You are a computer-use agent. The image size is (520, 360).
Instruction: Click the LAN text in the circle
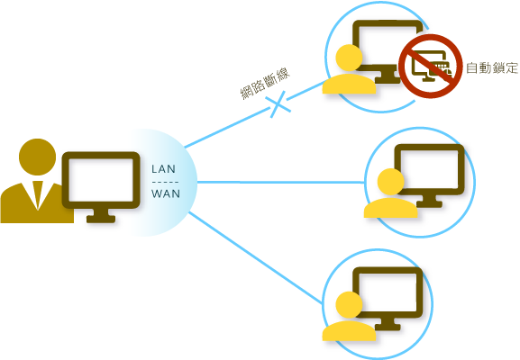point(164,168)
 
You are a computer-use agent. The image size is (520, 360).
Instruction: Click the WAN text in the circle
point(165,193)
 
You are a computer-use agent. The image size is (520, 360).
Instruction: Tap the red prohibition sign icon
point(431,65)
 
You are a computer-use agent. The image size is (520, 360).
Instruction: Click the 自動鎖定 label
point(492,68)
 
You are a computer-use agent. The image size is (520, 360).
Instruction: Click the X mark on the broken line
point(281,103)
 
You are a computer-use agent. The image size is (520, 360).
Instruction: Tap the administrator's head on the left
point(37,157)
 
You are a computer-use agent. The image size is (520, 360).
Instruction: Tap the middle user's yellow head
point(390,182)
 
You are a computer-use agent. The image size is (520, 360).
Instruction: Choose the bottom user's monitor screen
point(388,292)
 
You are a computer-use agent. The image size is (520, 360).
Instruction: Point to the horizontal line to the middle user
point(279,182)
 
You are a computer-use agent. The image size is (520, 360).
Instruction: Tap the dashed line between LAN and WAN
point(165,181)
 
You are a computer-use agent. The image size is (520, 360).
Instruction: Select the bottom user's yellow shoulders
point(348,331)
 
